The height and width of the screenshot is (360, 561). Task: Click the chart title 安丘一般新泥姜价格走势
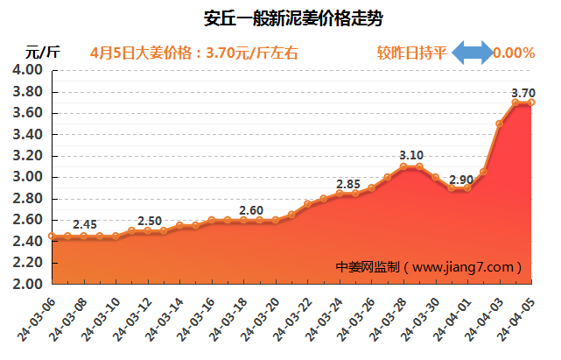pyautogui.click(x=281, y=18)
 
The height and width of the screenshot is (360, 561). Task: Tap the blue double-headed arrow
pyautogui.click(x=472, y=53)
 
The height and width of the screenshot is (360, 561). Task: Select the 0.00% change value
pyautogui.click(x=514, y=53)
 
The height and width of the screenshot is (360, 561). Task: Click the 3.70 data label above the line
pyautogui.click(x=522, y=93)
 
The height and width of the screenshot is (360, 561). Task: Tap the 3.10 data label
pyautogui.click(x=411, y=156)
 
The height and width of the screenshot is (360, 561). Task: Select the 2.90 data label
pyautogui.click(x=460, y=180)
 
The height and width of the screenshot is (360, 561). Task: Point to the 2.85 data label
pyautogui.click(x=348, y=184)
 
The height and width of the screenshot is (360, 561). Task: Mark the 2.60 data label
pyautogui.click(x=251, y=210)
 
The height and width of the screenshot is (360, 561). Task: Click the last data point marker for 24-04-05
pyautogui.click(x=531, y=102)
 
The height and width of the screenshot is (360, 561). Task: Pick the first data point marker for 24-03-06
pyautogui.click(x=53, y=236)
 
